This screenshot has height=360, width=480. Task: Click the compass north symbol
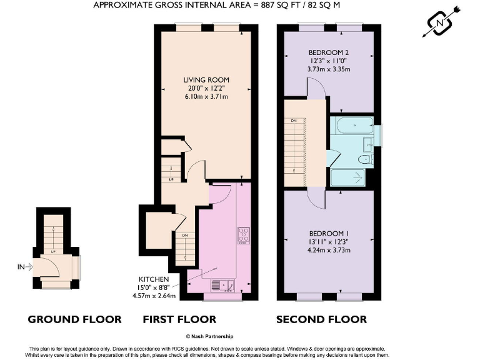pyautogui.click(x=442, y=23)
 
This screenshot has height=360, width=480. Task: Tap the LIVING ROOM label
pyautogui.click(x=206, y=80)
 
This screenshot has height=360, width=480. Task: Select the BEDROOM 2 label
pyautogui.click(x=328, y=52)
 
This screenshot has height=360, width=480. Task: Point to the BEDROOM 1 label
pyautogui.click(x=328, y=232)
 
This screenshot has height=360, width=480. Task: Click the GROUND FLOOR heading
pyautogui.click(x=74, y=319)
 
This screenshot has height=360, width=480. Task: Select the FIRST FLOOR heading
pyautogui.click(x=179, y=319)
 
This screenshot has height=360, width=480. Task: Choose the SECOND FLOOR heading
pyautogui.click(x=321, y=319)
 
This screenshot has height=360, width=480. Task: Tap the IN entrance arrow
pyautogui.click(x=26, y=267)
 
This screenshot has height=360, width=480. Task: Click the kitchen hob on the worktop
pyautogui.click(x=243, y=235)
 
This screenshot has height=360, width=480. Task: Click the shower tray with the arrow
pyautogui.click(x=351, y=177)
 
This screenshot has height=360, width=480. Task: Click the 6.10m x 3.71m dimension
pyautogui.click(x=206, y=97)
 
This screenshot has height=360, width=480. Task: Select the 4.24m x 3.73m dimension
pyautogui.click(x=328, y=250)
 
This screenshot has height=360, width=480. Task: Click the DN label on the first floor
pyautogui.click(x=185, y=236)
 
